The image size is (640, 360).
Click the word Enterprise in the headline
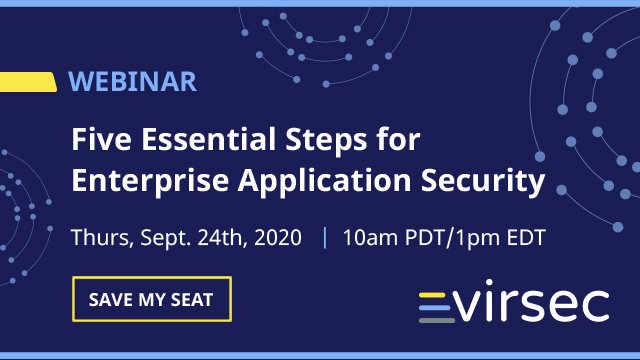138,183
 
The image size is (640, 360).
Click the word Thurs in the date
97,240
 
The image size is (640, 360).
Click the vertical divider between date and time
324,240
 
